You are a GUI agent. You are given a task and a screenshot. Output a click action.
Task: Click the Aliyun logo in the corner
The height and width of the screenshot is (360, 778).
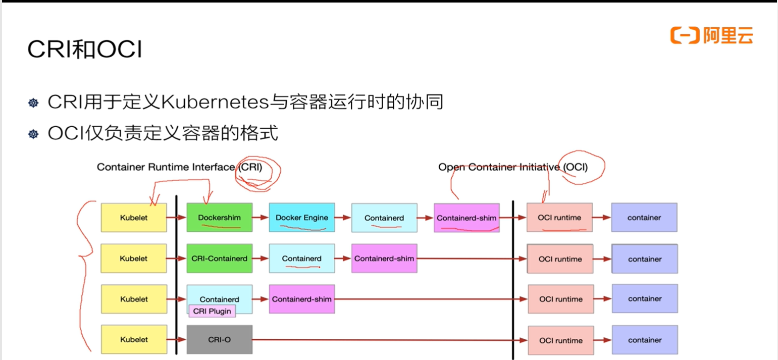click(711, 35)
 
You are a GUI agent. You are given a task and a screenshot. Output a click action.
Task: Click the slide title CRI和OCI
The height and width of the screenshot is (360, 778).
click(84, 49)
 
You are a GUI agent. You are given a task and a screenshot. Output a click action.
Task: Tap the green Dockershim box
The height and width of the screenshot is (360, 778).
click(219, 218)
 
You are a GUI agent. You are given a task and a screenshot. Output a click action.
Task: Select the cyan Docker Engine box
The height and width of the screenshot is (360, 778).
click(301, 218)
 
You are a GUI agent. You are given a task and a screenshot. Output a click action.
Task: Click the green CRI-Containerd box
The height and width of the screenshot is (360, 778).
click(219, 259)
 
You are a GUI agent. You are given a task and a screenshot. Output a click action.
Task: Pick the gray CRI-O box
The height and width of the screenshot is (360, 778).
click(219, 340)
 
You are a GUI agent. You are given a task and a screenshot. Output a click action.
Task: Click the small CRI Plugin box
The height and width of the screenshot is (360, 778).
click(212, 311)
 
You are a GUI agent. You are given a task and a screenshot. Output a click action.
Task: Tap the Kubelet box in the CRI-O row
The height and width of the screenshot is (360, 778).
click(134, 340)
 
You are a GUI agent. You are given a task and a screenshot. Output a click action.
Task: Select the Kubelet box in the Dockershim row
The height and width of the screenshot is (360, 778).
click(134, 218)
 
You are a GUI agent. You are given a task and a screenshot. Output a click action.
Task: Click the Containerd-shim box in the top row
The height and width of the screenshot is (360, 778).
click(466, 218)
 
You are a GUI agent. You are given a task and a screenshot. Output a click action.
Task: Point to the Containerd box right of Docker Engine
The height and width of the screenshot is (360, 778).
click(384, 218)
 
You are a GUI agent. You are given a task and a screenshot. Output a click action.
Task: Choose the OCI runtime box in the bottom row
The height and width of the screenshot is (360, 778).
click(560, 340)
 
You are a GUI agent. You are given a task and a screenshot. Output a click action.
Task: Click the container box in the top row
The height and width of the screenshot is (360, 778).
click(644, 218)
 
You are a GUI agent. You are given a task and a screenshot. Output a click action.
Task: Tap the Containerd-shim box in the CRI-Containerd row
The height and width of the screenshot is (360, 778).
click(384, 259)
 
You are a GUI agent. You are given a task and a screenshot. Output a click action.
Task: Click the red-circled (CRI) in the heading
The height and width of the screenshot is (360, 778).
click(251, 167)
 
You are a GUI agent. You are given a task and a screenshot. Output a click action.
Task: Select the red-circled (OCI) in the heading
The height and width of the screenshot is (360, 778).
click(576, 167)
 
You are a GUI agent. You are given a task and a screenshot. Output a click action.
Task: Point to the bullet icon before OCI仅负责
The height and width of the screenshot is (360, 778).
click(33, 134)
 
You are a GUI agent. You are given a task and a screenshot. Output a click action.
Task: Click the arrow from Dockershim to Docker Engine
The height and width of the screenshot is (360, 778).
click(261, 218)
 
